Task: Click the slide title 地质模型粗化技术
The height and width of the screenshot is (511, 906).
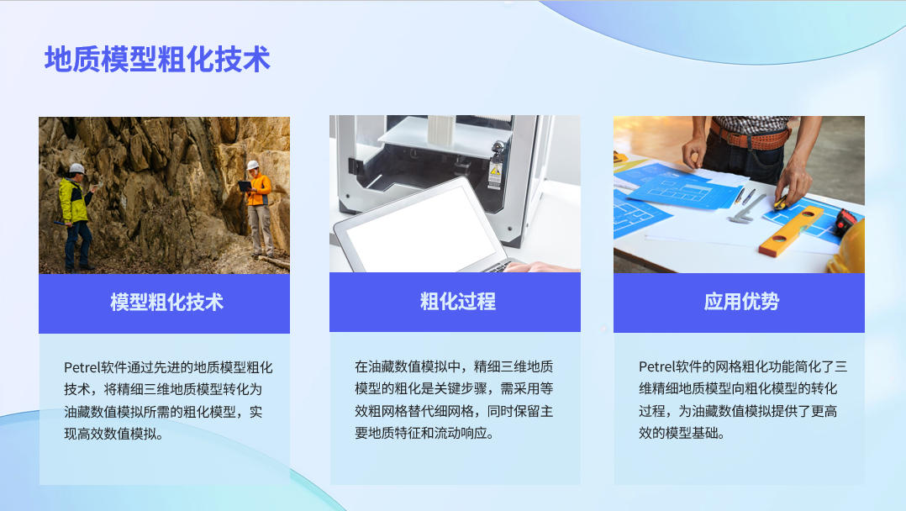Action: pyautogui.click(x=157, y=60)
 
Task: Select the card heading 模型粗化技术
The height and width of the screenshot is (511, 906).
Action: pyautogui.click(x=166, y=303)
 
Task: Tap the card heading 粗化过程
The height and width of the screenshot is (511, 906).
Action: pyautogui.click(x=457, y=302)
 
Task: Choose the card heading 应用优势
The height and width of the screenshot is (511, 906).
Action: pyautogui.click(x=741, y=302)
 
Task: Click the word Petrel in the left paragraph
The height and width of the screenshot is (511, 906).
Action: pyautogui.click(x=82, y=367)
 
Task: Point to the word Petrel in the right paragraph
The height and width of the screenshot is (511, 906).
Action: pyautogui.click(x=656, y=366)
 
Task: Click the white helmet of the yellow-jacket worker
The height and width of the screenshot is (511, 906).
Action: pyautogui.click(x=76, y=169)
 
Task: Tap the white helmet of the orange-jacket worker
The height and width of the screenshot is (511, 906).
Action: pyautogui.click(x=253, y=165)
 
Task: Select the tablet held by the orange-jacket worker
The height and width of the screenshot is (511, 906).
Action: pyautogui.click(x=245, y=186)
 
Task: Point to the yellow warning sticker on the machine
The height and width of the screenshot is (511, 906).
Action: pyautogui.click(x=494, y=171)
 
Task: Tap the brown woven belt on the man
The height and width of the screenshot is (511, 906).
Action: pyautogui.click(x=750, y=136)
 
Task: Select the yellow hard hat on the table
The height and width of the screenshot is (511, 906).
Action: pyautogui.click(x=847, y=249)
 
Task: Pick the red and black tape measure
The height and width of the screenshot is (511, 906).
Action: pyautogui.click(x=845, y=222)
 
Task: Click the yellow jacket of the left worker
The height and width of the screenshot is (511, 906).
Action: pyautogui.click(x=74, y=199)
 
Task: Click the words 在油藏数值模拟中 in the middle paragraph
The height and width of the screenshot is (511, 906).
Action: pyautogui.click(x=408, y=366)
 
